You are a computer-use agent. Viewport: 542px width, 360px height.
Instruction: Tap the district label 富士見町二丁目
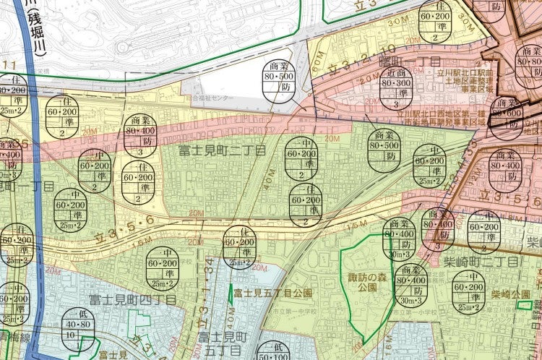tap(223, 150)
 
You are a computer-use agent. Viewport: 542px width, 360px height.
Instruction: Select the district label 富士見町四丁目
tap(132, 299)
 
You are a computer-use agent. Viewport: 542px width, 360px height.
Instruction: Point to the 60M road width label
tap(319, 67)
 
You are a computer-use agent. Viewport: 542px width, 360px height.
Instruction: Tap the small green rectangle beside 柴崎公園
tap(525, 306)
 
